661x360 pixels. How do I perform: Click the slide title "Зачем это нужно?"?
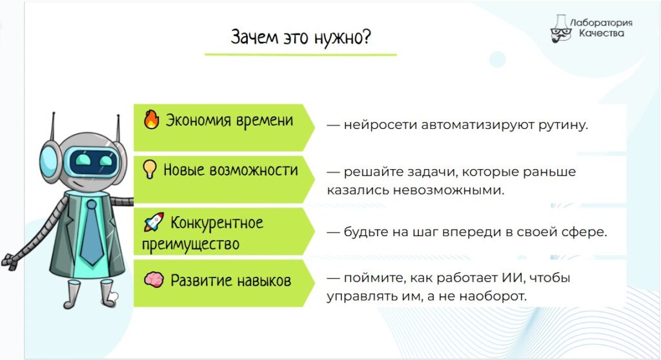tap(301, 37)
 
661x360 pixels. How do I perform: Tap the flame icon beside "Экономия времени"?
tap(151, 119)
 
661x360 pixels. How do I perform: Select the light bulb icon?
tap(150, 169)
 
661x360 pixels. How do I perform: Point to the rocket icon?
tap(154, 222)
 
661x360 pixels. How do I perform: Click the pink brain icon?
tap(154, 279)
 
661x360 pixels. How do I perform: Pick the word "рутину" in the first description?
tap(563, 126)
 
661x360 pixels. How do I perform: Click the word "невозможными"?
tap(449, 190)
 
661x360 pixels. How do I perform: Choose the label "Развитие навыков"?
tap(230, 281)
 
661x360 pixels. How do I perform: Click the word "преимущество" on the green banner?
tap(190, 245)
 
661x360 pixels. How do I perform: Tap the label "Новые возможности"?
tap(230, 170)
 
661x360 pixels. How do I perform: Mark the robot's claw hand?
tap(10, 262)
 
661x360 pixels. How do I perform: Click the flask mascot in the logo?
tap(561, 28)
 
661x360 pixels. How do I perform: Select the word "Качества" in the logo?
tap(601, 34)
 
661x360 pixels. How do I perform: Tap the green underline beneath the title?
tap(301, 54)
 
